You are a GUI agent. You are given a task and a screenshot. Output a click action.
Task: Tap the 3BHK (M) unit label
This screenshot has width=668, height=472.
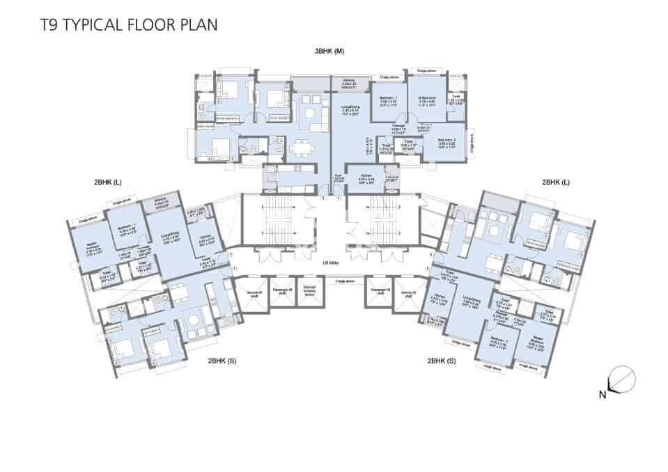pyautogui.click(x=329, y=52)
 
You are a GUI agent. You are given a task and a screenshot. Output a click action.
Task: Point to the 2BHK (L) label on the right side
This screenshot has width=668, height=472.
pyautogui.click(x=556, y=182)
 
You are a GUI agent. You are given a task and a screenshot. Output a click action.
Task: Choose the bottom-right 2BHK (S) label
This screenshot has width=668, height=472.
pyautogui.click(x=442, y=361)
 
